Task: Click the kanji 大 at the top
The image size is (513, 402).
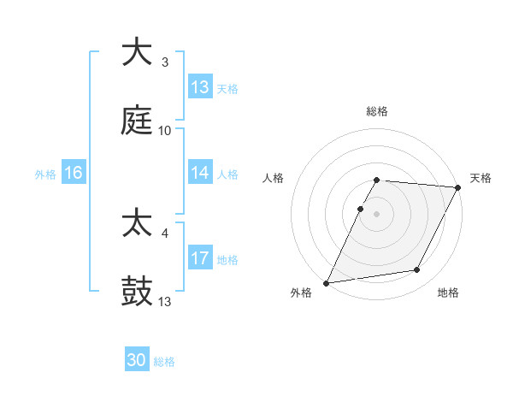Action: click(x=137, y=52)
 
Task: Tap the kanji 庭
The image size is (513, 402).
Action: click(x=137, y=121)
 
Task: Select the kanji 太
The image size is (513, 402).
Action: click(x=137, y=224)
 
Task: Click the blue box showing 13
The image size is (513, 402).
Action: click(x=200, y=87)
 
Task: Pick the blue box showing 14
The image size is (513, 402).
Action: click(x=200, y=173)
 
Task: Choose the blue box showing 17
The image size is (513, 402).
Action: click(x=200, y=258)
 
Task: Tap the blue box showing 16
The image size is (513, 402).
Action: click(x=74, y=173)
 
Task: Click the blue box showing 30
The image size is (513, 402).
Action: click(x=137, y=360)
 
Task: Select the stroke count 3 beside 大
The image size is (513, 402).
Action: click(x=165, y=62)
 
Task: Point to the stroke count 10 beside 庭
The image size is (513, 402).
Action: click(x=165, y=131)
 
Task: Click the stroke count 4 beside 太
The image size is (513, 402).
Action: click(x=165, y=233)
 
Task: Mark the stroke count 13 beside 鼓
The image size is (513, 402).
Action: click(x=165, y=302)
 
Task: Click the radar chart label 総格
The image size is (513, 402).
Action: click(x=377, y=111)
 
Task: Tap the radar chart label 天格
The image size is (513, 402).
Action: click(x=481, y=178)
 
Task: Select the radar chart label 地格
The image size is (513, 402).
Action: click(x=448, y=293)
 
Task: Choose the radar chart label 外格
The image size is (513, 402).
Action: click(x=301, y=293)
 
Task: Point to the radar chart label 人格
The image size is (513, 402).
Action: click(x=274, y=178)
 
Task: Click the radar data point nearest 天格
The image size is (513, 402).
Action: click(x=458, y=187)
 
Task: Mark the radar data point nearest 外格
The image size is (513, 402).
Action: click(x=327, y=282)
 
